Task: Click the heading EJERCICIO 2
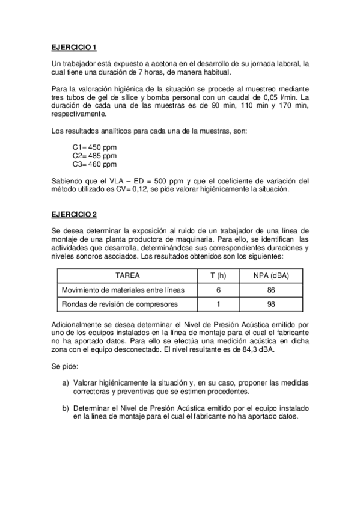click(x=74, y=214)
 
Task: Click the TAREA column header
click(x=127, y=275)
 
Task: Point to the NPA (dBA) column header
click(x=272, y=275)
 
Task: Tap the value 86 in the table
click(x=272, y=290)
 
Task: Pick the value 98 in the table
click(x=272, y=304)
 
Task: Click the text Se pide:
click(x=66, y=365)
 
